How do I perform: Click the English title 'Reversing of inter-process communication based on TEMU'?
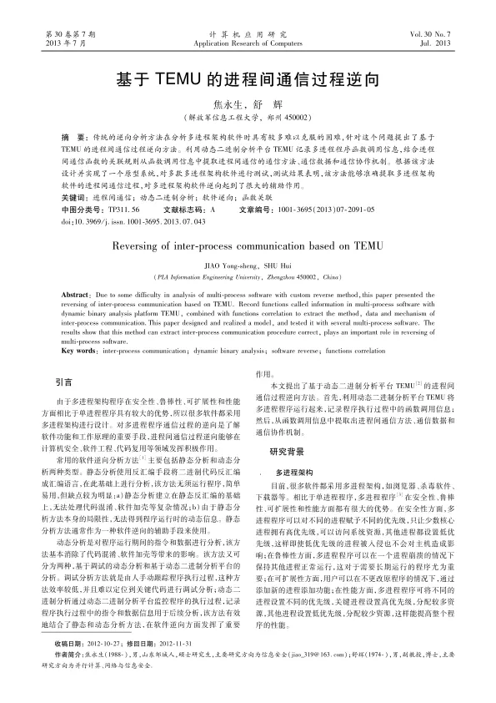point(248,246)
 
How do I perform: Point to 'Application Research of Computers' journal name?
point(248,41)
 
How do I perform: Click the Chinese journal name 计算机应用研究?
point(248,32)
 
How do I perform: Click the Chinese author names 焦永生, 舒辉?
point(248,104)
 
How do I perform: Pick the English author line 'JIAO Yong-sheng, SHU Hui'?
point(248,265)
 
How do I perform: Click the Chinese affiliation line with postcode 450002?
point(248,118)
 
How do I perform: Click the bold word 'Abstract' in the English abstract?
point(76,296)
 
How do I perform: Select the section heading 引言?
point(63,382)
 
